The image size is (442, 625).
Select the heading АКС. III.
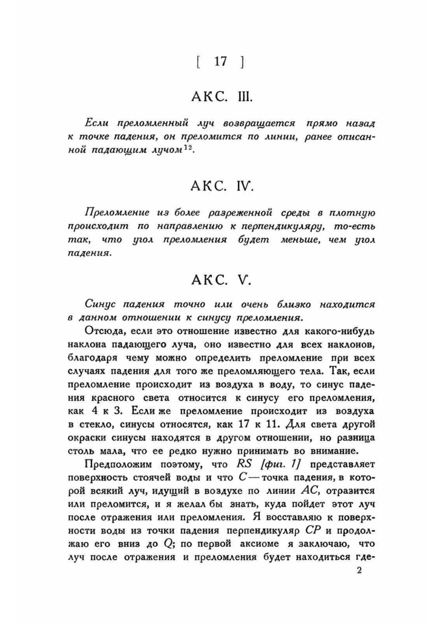[222, 96]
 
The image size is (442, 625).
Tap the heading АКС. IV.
[222, 187]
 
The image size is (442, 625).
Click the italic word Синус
[100, 305]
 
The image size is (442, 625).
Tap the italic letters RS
[244, 464]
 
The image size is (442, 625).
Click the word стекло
[90, 424]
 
